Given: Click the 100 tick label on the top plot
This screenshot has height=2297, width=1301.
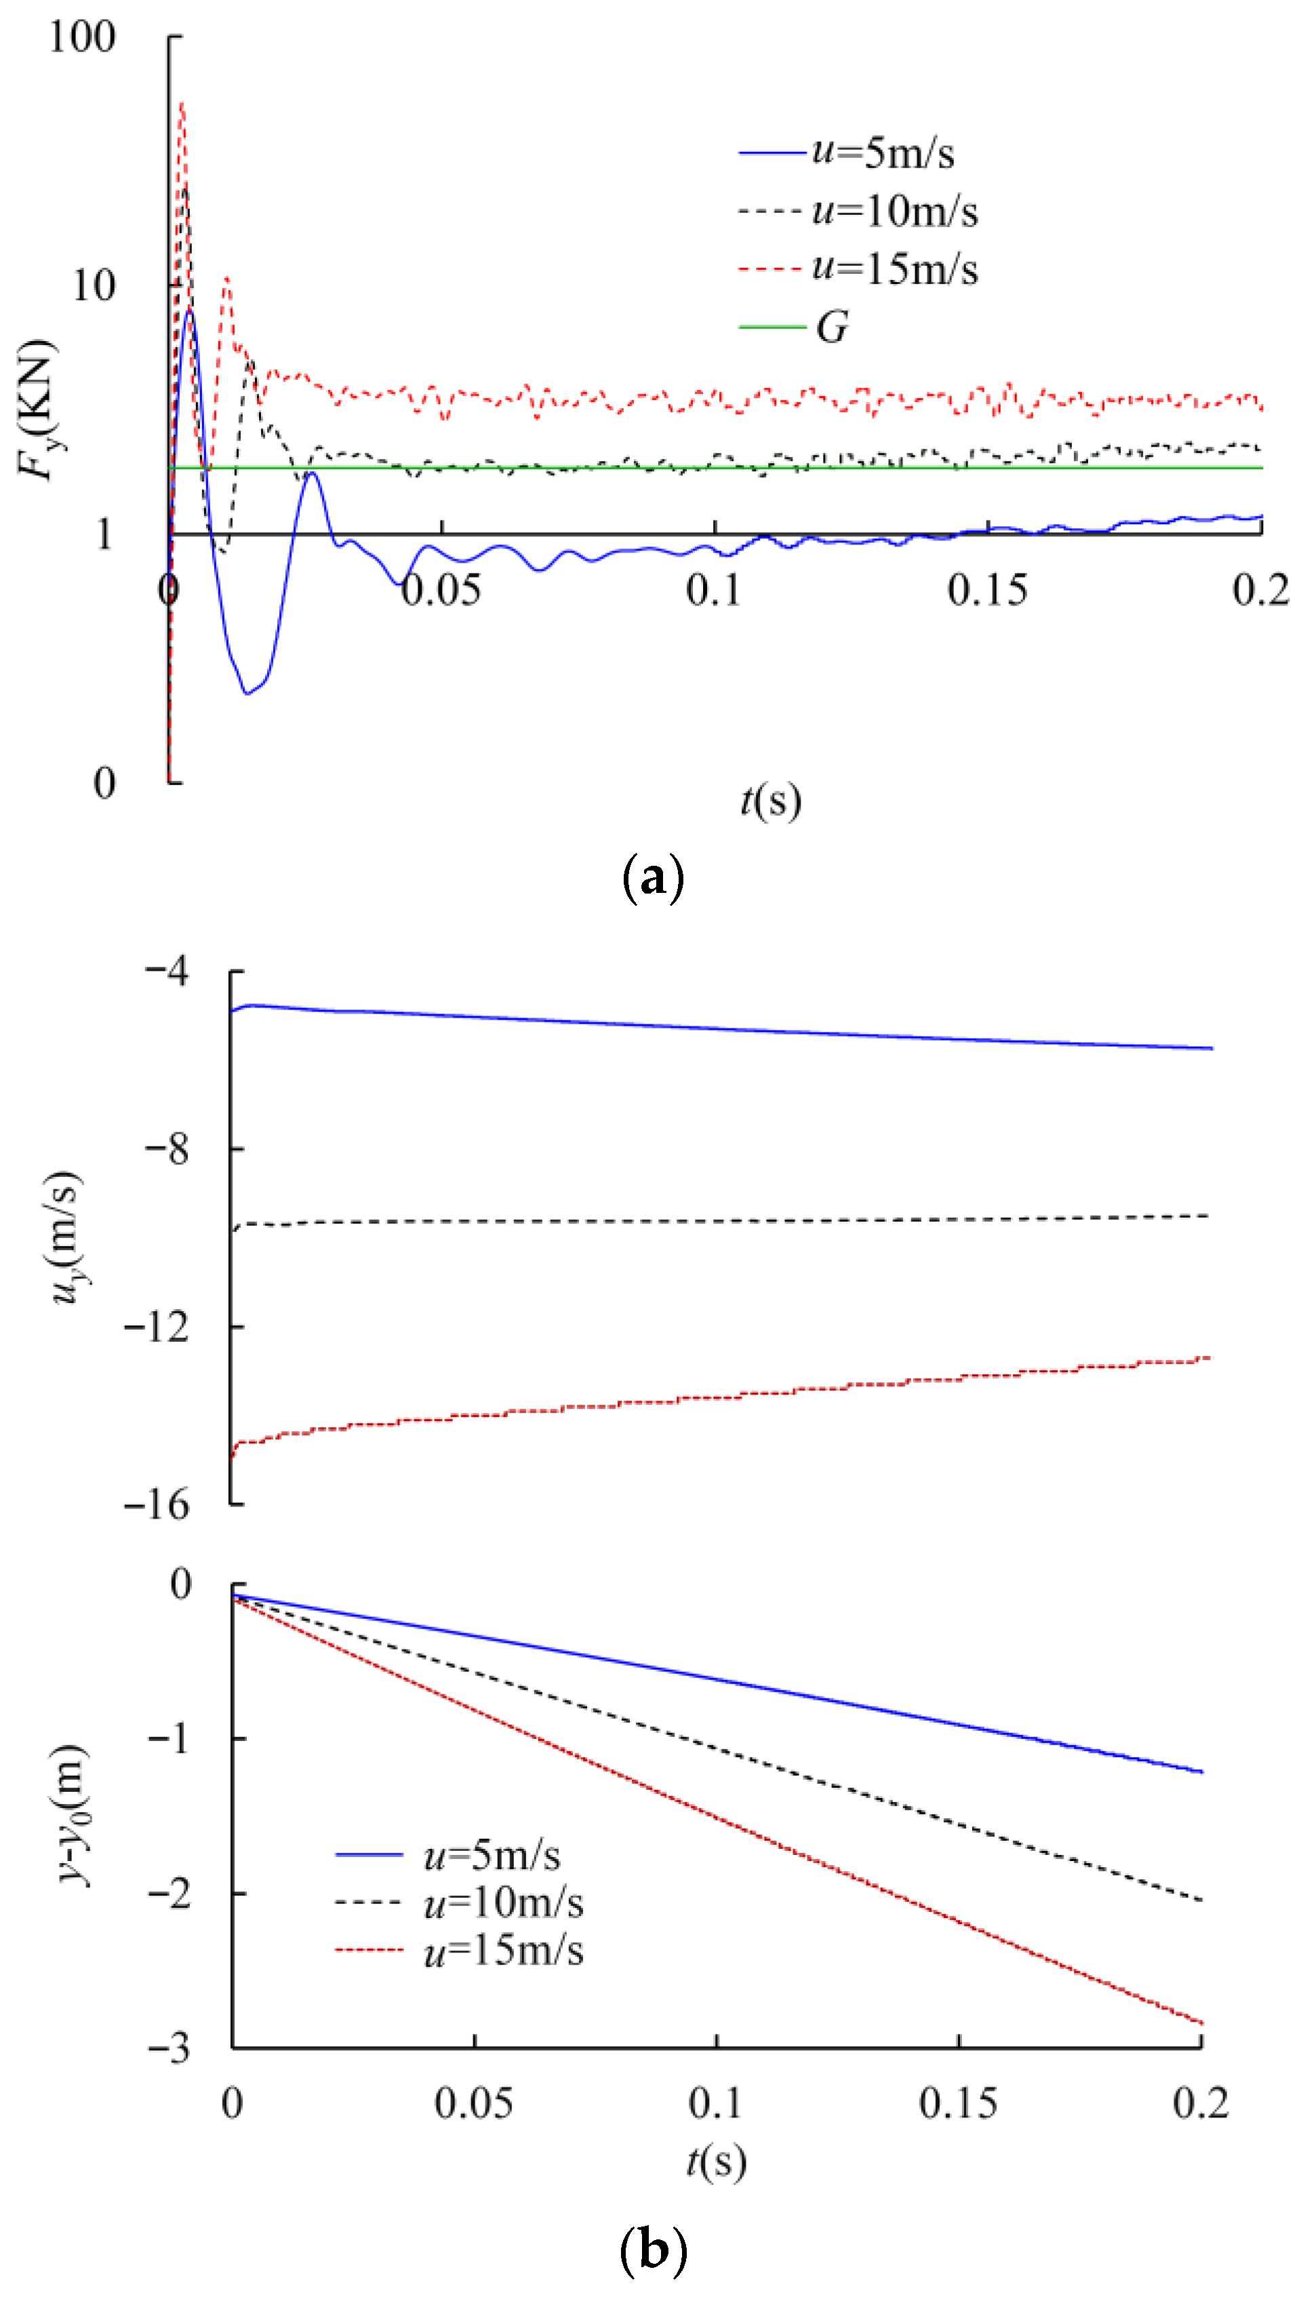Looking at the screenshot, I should tap(82, 37).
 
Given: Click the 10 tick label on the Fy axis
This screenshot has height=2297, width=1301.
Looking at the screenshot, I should tap(93, 286).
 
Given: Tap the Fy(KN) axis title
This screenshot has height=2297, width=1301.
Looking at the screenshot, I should tap(37, 411).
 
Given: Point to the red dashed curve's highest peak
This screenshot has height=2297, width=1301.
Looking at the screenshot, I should tap(182, 104).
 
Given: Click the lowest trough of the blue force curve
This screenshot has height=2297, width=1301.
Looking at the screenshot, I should tap(247, 694).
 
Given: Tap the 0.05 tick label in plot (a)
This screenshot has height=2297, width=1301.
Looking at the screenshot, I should tap(441, 591).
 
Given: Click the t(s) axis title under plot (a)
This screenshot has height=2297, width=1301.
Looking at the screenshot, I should tap(770, 801).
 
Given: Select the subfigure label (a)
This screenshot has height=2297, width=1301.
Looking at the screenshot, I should tap(652, 877).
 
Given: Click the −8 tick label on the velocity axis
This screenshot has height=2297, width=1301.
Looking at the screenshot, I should tap(168, 1149).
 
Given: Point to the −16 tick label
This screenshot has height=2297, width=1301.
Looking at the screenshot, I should tap(157, 1505).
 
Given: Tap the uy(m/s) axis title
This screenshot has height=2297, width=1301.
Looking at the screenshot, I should tap(67, 1238).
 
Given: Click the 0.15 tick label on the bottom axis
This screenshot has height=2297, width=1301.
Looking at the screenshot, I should tap(958, 2105).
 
